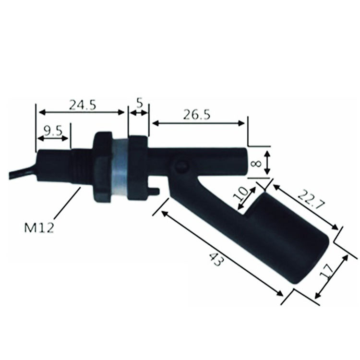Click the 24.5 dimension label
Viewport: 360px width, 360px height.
(83, 105)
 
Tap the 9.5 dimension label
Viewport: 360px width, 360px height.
(53, 131)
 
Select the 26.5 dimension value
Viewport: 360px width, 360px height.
(196, 115)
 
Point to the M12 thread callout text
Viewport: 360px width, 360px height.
(39, 228)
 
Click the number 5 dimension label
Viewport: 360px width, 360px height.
(139, 103)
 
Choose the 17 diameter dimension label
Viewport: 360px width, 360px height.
(327, 271)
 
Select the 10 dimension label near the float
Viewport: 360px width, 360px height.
(240, 194)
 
